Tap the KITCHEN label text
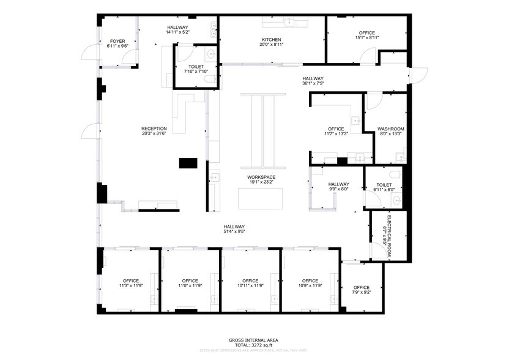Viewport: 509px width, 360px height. click(x=271, y=39)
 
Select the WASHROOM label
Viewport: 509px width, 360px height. click(x=390, y=129)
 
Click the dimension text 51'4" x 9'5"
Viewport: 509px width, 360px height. click(x=234, y=231)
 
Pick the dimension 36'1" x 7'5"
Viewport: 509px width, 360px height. click(x=313, y=84)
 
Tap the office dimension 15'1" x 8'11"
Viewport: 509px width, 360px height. click(x=367, y=38)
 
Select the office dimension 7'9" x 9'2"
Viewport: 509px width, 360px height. click(x=361, y=293)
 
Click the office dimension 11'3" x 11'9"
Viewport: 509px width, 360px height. click(x=130, y=286)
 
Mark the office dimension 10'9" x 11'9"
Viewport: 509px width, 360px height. click(x=310, y=286)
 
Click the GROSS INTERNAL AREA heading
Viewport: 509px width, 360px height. click(x=253, y=340)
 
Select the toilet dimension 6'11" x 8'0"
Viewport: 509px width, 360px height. click(x=384, y=190)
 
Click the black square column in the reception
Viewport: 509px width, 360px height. click(x=188, y=163)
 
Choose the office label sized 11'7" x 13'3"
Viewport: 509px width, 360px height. click(x=336, y=129)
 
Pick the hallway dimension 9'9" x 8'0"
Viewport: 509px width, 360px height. click(x=338, y=190)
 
